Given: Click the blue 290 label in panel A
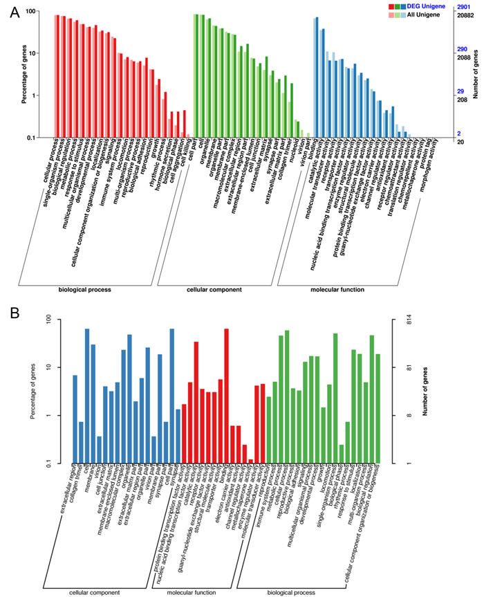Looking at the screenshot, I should (x=464, y=50).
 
